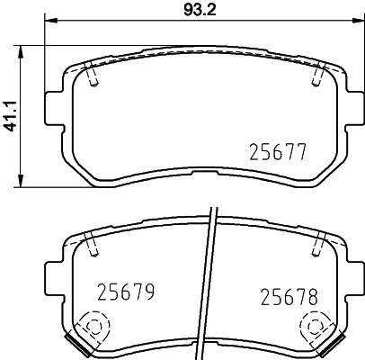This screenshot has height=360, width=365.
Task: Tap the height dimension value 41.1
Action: click(12, 113)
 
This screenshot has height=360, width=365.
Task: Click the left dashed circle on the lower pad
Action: click(93, 326)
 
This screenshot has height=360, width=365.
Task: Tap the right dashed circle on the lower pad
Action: click(315, 326)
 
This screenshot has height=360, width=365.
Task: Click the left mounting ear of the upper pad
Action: click(51, 100)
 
